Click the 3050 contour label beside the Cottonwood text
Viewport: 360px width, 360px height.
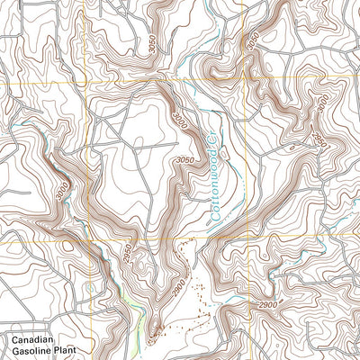point(184,159)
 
